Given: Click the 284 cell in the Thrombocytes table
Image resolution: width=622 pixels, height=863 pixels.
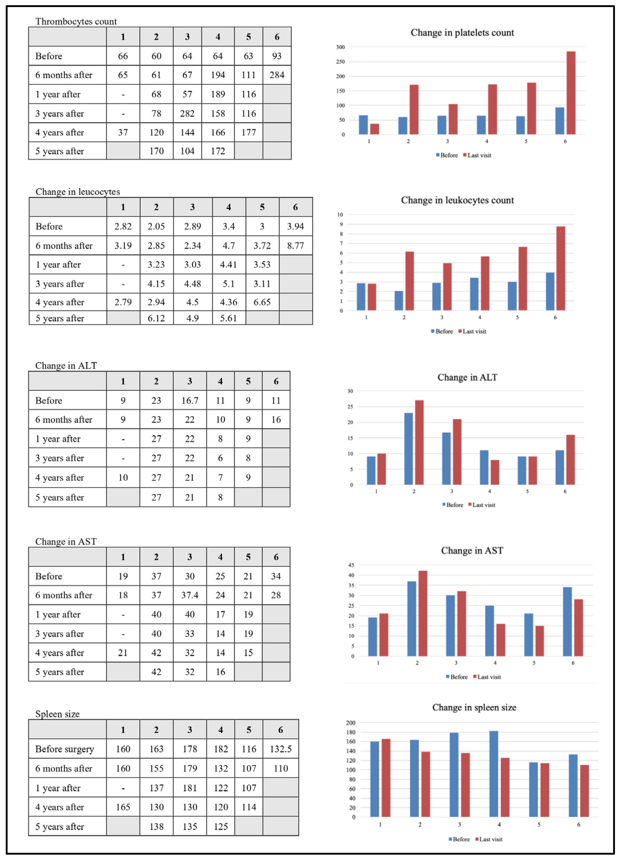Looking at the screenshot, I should click(277, 75).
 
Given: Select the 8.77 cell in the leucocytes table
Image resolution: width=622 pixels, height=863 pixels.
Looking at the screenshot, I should click(295, 245).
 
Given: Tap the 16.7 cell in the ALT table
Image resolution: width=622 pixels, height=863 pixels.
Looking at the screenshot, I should click(190, 400).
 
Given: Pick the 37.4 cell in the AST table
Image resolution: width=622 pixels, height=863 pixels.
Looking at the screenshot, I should click(190, 595).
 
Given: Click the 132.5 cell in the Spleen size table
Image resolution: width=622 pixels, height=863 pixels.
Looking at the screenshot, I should click(281, 749).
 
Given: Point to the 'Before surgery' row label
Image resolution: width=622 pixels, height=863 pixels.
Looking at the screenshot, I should click(65, 749).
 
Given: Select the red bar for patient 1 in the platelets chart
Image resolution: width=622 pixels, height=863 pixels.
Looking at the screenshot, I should click(374, 129).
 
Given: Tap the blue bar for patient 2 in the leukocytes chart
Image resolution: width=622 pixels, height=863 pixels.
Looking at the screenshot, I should click(399, 301).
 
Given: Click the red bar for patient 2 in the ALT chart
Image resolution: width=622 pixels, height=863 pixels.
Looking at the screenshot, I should click(419, 442).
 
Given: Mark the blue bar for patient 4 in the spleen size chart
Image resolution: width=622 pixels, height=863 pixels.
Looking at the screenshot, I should click(494, 774).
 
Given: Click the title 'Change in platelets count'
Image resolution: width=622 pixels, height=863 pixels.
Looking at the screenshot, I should click(462, 33).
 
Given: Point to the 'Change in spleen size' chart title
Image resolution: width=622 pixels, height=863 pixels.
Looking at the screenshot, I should click(474, 707).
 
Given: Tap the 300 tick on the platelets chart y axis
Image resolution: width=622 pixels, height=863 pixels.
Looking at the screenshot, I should click(340, 47).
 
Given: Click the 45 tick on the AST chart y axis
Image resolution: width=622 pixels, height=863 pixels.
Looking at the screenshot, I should click(351, 565).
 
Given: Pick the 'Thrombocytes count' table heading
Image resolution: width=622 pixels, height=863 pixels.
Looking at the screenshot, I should click(76, 21).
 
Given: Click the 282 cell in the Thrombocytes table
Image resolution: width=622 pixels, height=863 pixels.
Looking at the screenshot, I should click(187, 113).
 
